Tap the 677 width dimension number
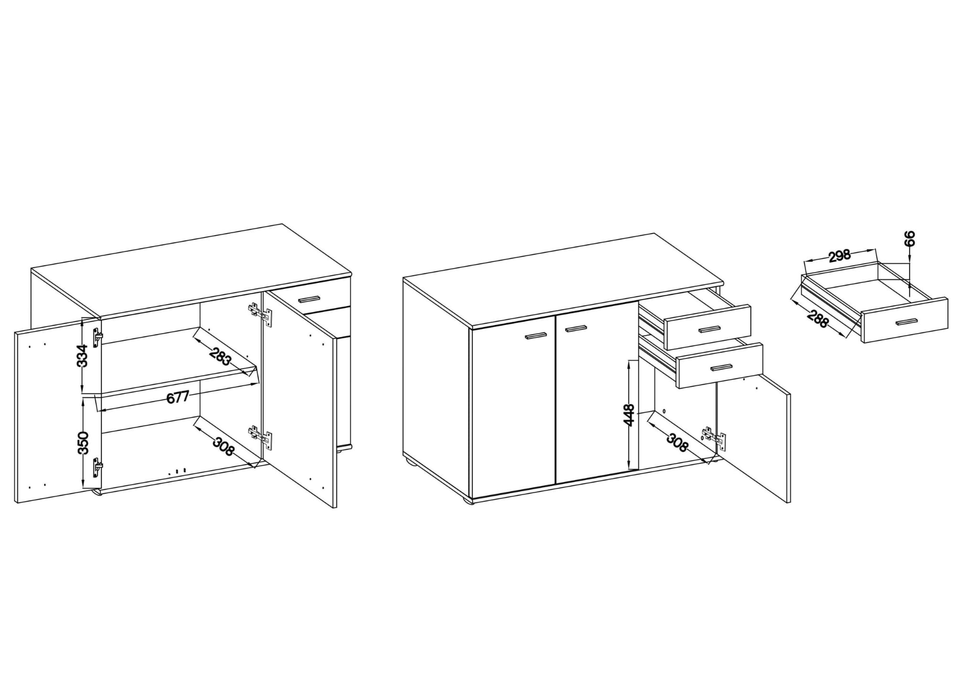click(178, 397)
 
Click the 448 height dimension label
click(629, 415)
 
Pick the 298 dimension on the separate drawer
click(840, 257)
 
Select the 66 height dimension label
click(910, 238)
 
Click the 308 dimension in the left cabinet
click(223, 447)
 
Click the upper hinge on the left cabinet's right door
click(261, 314)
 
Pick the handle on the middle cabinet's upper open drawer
click(709, 329)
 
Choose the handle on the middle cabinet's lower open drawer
click(721, 367)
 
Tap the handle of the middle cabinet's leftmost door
click(536, 336)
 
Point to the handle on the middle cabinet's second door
click(575, 328)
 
